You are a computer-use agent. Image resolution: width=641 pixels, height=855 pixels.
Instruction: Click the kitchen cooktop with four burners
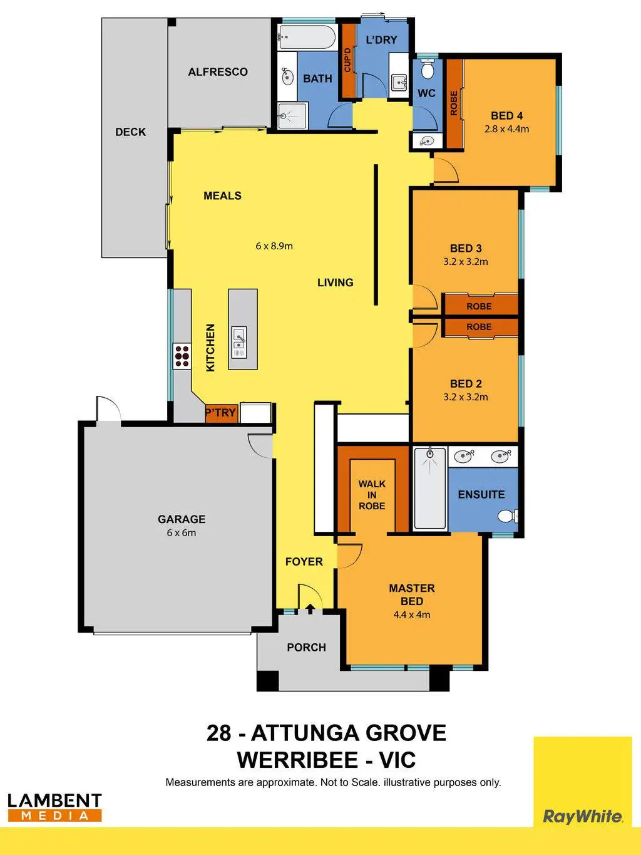182,356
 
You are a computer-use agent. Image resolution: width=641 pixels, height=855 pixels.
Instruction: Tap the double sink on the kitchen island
238,343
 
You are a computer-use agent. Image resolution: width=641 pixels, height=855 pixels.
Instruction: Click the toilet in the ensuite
508,516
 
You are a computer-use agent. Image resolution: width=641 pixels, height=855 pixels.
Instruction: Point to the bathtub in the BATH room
307,37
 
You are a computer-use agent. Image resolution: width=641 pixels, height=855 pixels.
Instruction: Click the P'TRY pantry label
221,412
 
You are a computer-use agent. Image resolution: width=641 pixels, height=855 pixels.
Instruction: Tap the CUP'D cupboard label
347,60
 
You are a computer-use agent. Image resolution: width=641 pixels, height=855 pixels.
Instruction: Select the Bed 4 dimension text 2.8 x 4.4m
507,129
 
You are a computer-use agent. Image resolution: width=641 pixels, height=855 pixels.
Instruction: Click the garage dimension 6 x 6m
182,533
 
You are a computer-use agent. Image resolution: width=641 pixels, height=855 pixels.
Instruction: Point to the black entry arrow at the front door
310,608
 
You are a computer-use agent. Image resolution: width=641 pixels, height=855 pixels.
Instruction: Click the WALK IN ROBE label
372,495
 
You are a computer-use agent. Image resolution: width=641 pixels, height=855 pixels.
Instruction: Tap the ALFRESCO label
218,71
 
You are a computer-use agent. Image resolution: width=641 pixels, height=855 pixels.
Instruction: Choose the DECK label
130,132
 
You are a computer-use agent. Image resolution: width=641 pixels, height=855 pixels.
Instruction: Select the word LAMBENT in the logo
55,801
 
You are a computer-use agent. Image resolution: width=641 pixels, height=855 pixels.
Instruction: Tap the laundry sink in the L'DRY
399,83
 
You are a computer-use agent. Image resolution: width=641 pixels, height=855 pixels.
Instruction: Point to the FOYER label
304,562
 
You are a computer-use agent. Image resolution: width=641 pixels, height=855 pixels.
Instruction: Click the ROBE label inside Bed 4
454,103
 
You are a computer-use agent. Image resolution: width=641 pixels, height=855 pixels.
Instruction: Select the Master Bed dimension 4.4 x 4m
412,614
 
